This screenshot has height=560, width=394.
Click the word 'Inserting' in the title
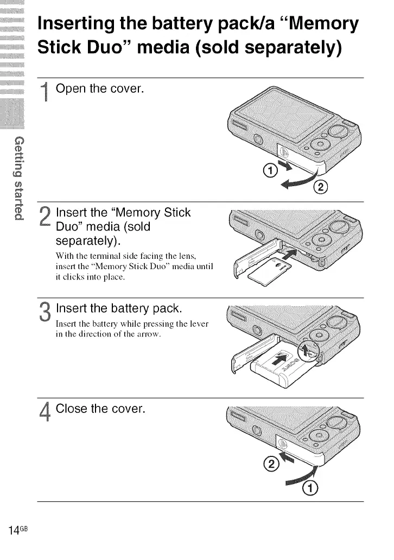pos(86,24)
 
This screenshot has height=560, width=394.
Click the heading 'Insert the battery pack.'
pos(119,309)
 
